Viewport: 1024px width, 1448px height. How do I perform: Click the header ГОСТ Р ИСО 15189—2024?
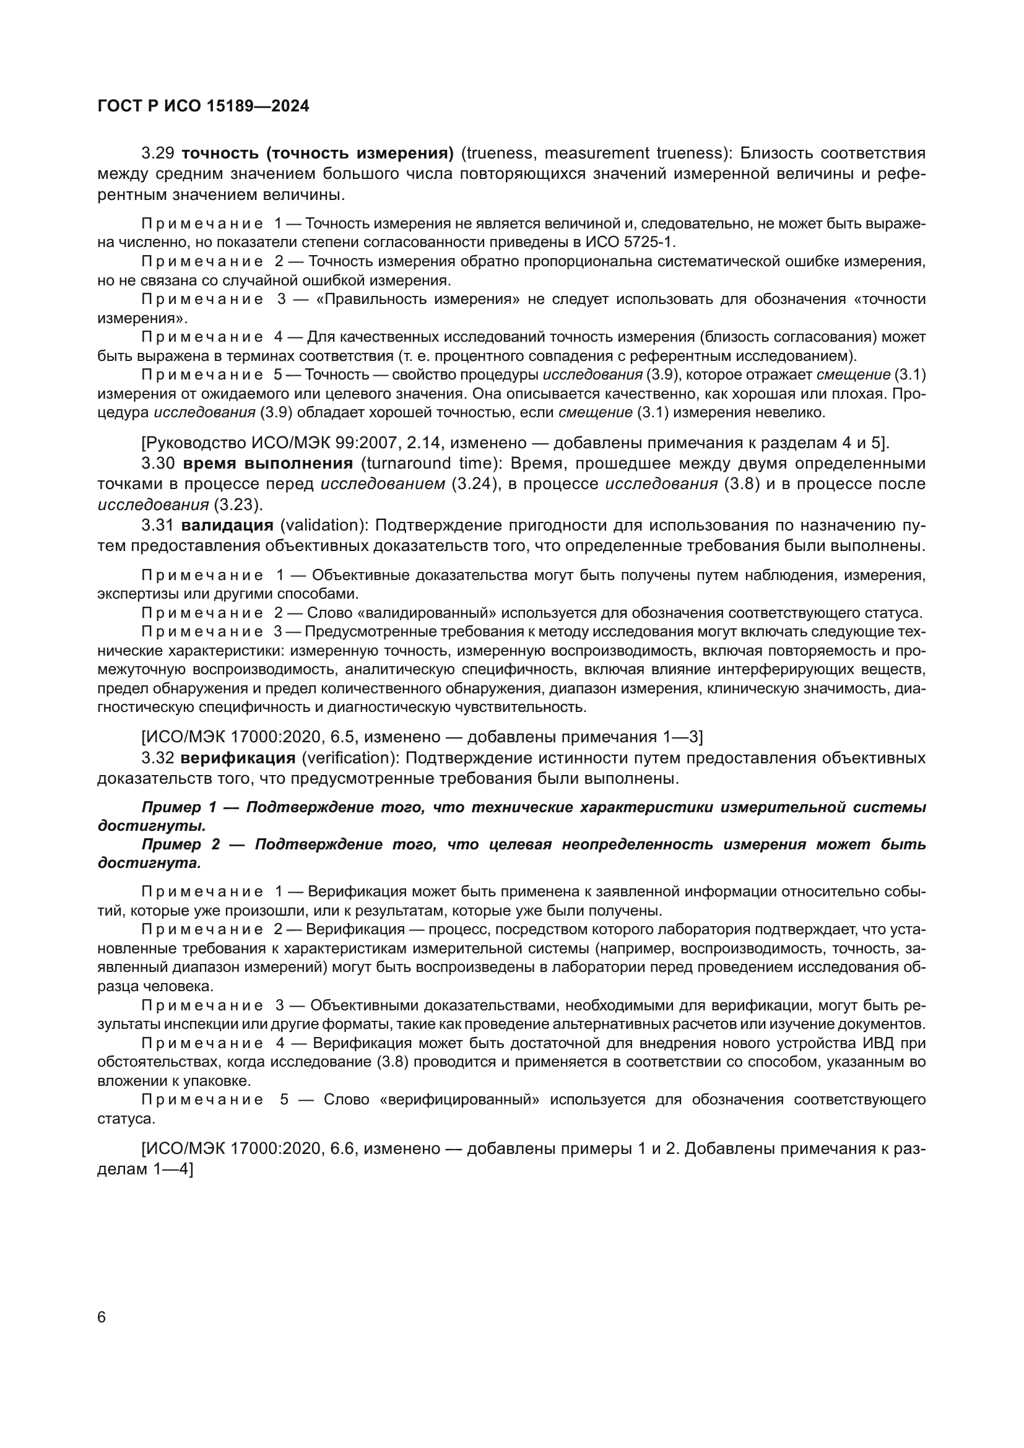(x=203, y=106)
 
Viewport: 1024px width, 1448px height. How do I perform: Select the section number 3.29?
(x=158, y=154)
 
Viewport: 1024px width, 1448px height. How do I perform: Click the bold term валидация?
(x=228, y=525)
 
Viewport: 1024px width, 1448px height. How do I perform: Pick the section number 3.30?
(x=158, y=464)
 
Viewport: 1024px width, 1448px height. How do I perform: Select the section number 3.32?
(x=158, y=757)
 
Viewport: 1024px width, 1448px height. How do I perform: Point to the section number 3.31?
(x=158, y=525)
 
